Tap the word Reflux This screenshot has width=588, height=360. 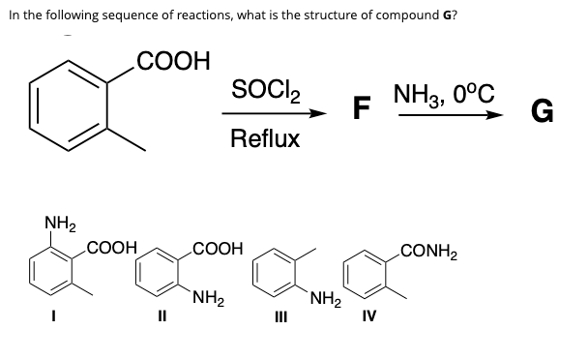(x=265, y=139)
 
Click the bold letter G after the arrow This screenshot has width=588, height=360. (x=543, y=114)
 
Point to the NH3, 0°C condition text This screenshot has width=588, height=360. (x=444, y=95)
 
